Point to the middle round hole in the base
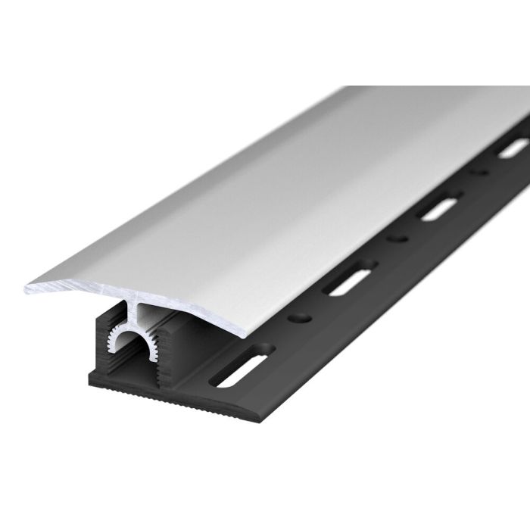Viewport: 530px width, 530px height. (x=397, y=239)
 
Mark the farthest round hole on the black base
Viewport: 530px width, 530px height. (x=478, y=173)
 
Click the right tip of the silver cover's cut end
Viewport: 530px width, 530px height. (x=243, y=335)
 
